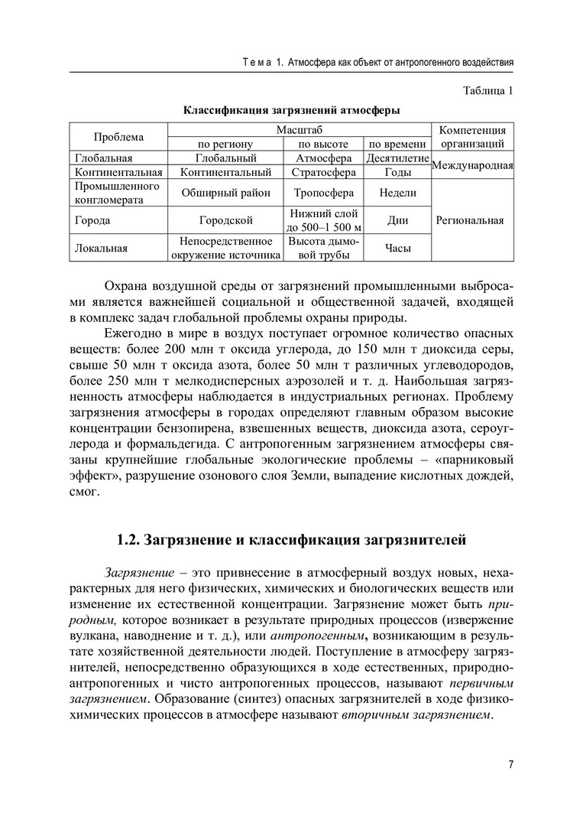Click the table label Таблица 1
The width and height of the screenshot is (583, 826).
pos(487,92)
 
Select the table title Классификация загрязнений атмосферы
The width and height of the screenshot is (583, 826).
pos(290,111)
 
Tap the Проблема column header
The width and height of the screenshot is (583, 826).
pos(118,137)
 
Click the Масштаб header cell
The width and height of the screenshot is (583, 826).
pos(300,130)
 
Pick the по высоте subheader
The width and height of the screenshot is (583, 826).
pos(323,144)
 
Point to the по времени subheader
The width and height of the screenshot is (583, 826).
pos(397,144)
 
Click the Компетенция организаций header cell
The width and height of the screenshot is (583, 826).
pos(470,137)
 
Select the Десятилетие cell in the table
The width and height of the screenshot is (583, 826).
pos(397,158)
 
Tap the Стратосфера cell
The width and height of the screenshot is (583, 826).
pos(323,173)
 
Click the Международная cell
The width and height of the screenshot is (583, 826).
pos(471,165)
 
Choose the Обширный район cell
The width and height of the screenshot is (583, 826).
pos(226,193)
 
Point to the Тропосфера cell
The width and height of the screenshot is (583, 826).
pos(323,193)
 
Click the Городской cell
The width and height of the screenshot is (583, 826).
pos(226,221)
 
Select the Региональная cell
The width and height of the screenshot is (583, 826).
pos(470,221)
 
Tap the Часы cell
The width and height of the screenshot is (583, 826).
pos(397,248)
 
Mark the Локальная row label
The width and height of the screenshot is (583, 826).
pos(102,248)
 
